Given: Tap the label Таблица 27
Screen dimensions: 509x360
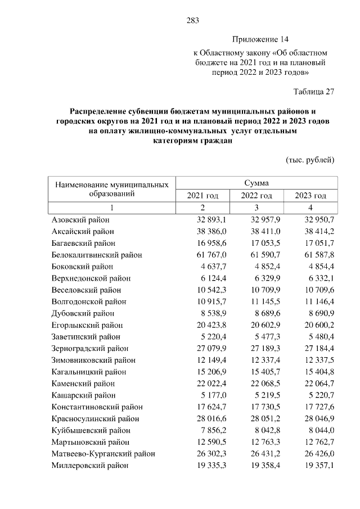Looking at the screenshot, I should point(314,92).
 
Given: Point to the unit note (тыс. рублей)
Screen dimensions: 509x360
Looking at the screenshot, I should point(310,160).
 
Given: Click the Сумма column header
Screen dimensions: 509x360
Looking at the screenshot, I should point(256,183).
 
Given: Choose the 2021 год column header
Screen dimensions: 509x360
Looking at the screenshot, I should point(202,196).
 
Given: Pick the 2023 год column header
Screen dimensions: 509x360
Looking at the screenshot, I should point(310,196).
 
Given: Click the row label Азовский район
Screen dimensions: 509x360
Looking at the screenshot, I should point(80,219).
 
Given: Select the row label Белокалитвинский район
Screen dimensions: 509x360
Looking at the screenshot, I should point(97,255).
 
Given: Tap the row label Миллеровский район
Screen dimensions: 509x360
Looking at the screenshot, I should point(90,466).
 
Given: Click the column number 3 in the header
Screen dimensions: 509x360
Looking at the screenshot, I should point(256,208).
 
